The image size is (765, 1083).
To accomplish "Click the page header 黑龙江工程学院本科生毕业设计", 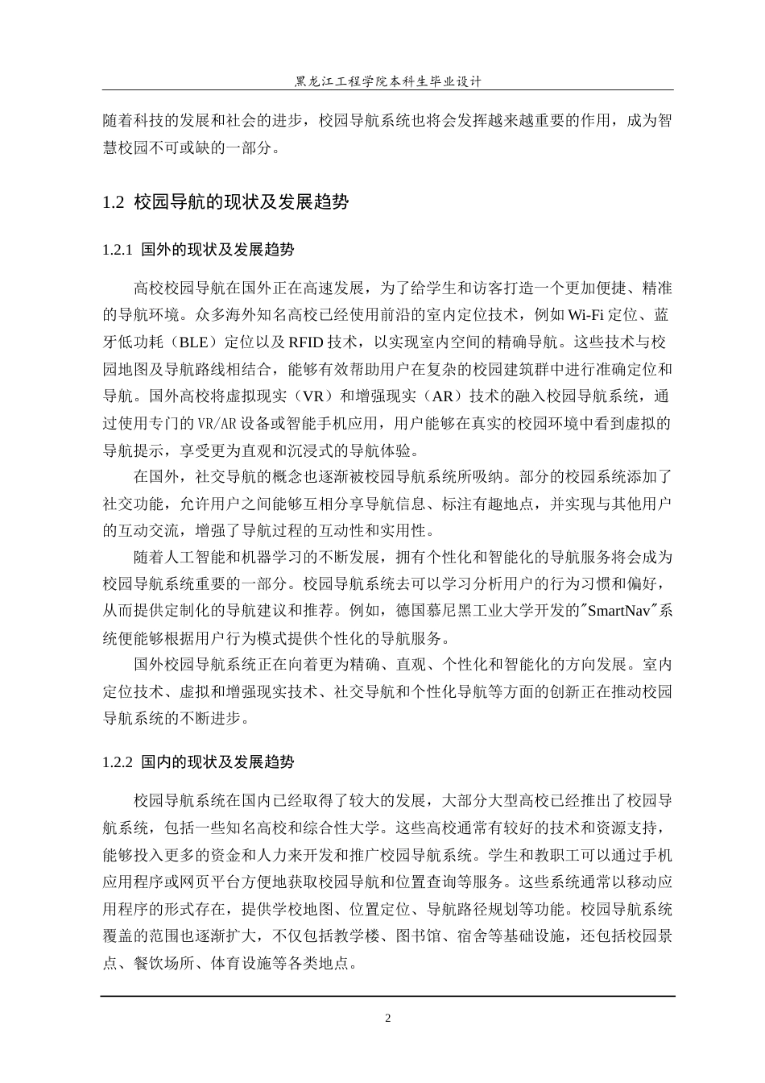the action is click(x=388, y=81).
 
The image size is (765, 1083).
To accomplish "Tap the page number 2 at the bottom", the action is click(x=387, y=1018).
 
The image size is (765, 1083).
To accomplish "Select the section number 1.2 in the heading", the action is click(x=114, y=202).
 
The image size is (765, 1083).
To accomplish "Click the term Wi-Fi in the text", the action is click(x=589, y=313).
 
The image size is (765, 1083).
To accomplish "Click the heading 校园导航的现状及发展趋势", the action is click(x=242, y=202).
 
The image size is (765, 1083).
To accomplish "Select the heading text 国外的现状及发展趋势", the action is click(x=217, y=250).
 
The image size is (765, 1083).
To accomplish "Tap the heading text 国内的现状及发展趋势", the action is click(x=217, y=761).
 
